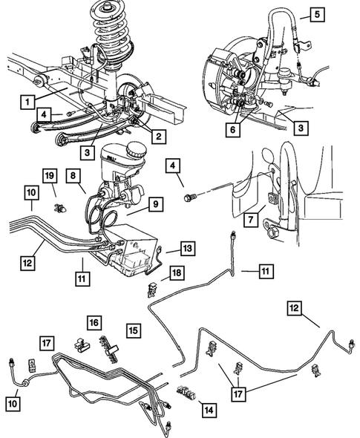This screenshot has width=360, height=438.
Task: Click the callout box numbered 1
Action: [27, 100]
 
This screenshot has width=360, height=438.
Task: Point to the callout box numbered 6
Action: [235, 128]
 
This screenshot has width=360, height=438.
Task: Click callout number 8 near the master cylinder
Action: [74, 177]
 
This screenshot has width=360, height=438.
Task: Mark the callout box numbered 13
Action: [187, 249]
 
